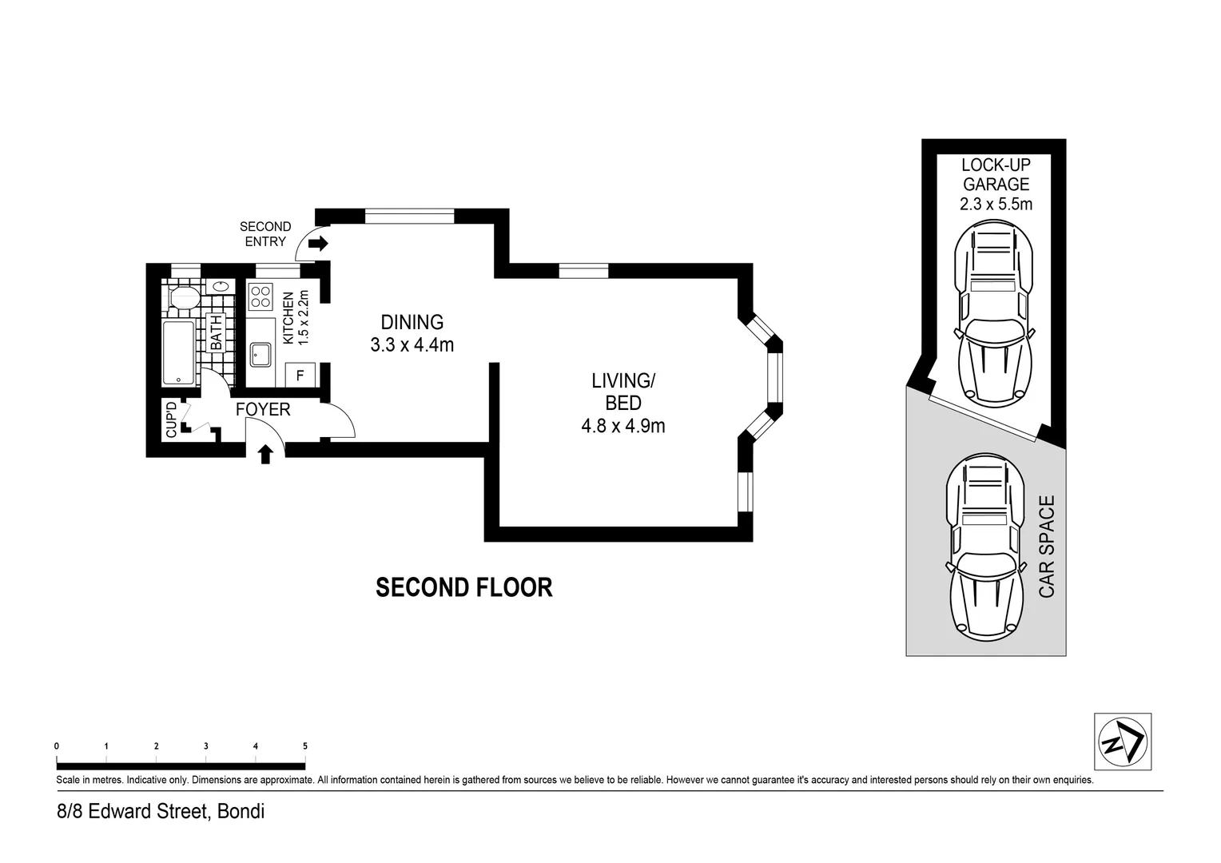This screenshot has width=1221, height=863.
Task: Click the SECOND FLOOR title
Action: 463,587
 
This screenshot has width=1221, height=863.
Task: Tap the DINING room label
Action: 412,322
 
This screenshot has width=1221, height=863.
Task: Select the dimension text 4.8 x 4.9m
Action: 622,426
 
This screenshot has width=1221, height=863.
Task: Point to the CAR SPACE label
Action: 1047,547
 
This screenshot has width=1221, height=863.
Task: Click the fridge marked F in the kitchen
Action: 300,375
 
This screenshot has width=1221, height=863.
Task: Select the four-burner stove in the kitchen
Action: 261,297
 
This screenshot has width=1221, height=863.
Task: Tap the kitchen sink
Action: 261,353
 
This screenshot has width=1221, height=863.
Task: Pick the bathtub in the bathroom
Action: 178,353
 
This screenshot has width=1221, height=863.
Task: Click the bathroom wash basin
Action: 220,286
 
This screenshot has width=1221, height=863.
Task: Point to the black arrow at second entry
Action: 318,244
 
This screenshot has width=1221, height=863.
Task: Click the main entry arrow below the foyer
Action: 265,455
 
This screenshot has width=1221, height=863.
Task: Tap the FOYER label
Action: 263,410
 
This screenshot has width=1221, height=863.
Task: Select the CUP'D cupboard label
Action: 171,421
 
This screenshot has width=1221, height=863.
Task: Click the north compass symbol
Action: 1122,742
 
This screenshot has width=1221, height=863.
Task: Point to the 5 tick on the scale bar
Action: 305,746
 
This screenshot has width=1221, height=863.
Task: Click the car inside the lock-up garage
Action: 995,312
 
